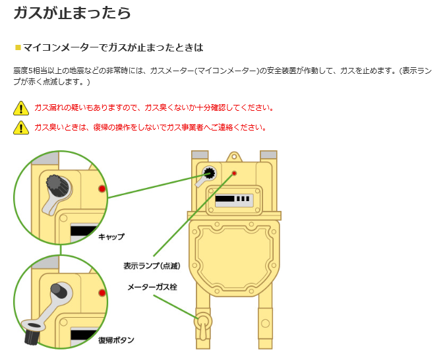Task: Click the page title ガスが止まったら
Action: click(72, 13)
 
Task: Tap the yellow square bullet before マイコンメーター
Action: click(18, 47)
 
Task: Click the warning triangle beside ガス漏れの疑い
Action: click(21, 108)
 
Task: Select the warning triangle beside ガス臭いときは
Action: click(21, 127)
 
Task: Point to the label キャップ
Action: click(111, 236)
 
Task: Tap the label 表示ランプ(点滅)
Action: click(152, 266)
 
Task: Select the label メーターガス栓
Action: click(152, 287)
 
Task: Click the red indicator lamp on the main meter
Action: click(233, 173)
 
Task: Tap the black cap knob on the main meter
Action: click(210, 173)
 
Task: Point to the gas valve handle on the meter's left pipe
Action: click(203, 323)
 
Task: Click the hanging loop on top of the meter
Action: click(233, 158)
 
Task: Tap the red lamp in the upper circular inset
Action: click(102, 189)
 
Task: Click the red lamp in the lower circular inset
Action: click(102, 292)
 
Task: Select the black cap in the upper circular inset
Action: click(55, 183)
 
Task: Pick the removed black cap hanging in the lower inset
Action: click(31, 336)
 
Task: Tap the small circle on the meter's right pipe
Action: click(265, 323)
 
